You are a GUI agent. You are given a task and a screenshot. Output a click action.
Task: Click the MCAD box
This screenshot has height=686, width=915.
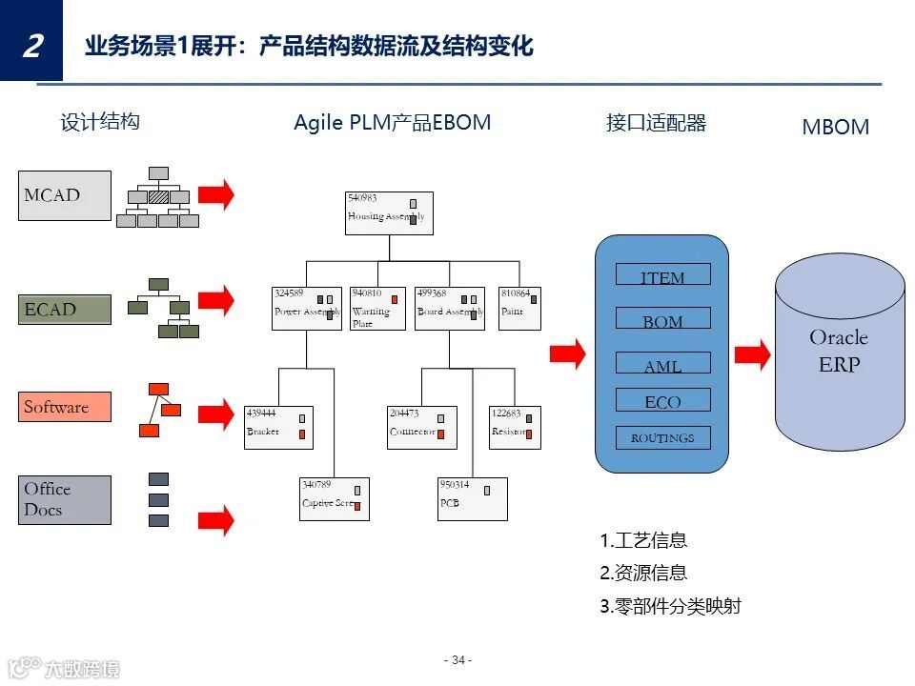coord(65,195)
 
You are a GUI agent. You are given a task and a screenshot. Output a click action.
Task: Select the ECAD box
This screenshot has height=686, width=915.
coord(65,309)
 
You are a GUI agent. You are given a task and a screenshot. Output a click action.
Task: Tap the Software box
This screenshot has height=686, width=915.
coord(65,407)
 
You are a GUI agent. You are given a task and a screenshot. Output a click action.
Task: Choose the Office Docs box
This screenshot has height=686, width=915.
coord(65,499)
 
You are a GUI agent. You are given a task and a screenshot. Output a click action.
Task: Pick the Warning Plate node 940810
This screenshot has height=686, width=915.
coord(377,309)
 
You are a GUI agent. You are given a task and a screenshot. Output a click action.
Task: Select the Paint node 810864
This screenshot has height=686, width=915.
coord(519,309)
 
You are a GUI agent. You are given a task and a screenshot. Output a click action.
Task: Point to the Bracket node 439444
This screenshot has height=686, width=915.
coord(278,428)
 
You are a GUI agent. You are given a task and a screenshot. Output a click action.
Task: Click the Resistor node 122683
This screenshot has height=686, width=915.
coord(515,428)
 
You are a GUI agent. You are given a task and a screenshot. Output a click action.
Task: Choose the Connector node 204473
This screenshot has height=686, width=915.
coord(421,428)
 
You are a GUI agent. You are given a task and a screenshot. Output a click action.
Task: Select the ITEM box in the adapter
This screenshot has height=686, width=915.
coord(662,275)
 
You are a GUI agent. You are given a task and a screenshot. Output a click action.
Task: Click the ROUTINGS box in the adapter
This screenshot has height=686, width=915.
coord(662,437)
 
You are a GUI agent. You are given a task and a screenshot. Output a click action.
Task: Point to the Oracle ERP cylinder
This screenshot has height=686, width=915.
coord(839,353)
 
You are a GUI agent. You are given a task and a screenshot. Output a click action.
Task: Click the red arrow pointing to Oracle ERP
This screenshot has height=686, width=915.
coord(752,354)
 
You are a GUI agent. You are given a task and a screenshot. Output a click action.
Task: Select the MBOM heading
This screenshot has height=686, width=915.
coord(835,128)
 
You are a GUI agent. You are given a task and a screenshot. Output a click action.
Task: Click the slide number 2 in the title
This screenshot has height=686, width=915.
coord(31,44)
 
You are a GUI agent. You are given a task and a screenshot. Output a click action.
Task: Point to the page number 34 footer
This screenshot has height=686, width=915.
coord(457,660)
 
